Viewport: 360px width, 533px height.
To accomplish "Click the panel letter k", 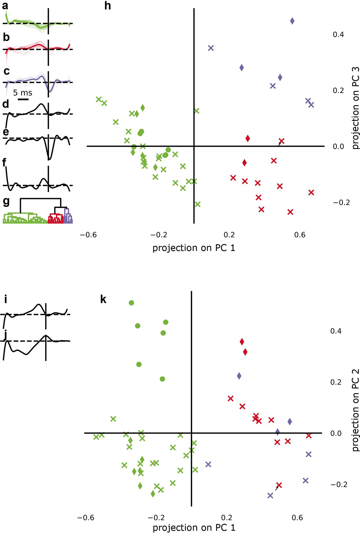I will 103,300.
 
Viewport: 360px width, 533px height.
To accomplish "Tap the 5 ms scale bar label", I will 22,93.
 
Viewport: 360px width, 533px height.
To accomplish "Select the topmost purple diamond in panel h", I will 292,21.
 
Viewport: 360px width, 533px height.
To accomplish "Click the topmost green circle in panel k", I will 132,303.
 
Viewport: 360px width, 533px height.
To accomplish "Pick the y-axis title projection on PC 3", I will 355,108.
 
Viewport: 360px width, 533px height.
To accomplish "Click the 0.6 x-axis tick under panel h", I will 300,235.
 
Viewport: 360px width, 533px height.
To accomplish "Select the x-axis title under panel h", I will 194,248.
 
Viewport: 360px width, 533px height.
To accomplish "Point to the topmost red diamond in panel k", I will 242,342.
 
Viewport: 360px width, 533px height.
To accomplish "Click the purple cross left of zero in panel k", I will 208,464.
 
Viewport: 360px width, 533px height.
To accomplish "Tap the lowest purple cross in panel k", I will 270,495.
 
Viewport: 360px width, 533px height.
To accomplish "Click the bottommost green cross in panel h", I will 198,204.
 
